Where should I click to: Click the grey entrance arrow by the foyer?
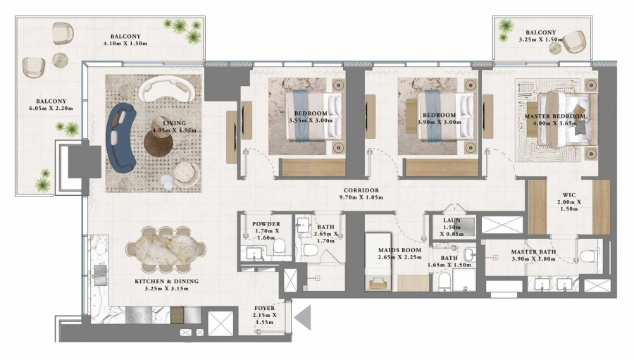click(x=304, y=318)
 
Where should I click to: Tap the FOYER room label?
click(x=265, y=307)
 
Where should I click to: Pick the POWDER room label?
click(x=266, y=224)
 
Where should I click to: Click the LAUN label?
click(x=452, y=221)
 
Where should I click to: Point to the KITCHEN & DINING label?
click(x=166, y=281)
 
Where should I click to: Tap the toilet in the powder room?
click(x=278, y=247)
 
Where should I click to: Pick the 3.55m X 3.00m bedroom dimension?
click(x=311, y=121)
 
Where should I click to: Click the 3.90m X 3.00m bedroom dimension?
click(x=439, y=121)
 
